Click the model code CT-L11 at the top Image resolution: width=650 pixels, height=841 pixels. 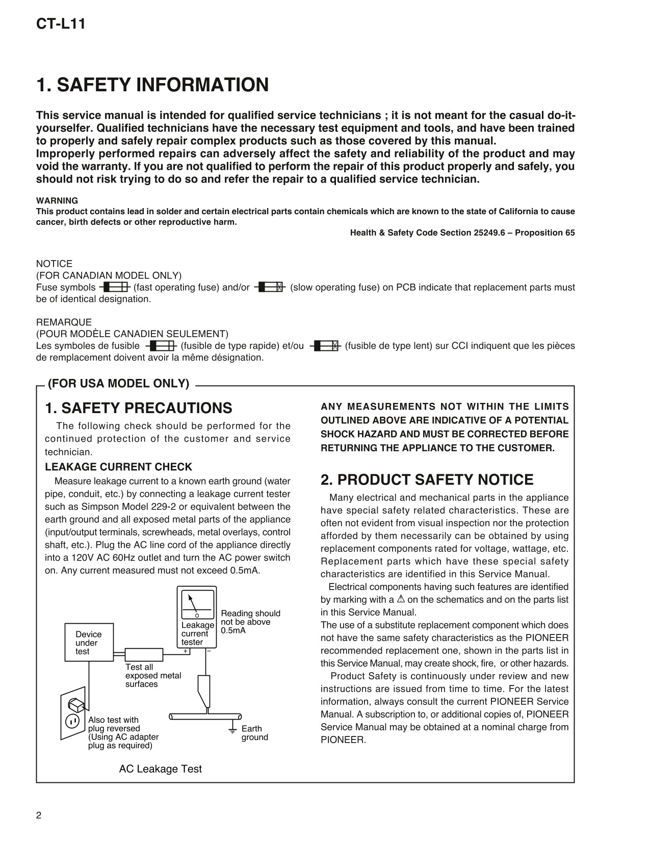tap(61, 24)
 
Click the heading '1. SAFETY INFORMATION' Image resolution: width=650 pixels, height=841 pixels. tap(152, 85)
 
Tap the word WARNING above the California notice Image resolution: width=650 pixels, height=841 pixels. tap(57, 201)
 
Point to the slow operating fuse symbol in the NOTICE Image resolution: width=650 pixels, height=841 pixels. tap(270, 288)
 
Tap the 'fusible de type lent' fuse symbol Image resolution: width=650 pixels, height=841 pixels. tap(324, 346)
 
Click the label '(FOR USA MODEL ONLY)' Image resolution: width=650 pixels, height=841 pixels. tap(118, 384)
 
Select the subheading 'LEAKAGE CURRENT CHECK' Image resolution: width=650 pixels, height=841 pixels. tap(118, 467)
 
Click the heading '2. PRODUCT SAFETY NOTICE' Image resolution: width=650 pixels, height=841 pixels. tap(427, 480)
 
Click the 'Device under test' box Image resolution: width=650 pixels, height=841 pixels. tap(89, 643)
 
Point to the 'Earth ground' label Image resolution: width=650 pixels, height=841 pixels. tap(254, 733)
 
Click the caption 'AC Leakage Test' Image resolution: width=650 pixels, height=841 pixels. tap(160, 769)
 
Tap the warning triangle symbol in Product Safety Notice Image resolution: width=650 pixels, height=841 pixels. tap(401, 599)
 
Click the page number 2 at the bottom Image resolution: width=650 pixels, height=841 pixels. tap(39, 815)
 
